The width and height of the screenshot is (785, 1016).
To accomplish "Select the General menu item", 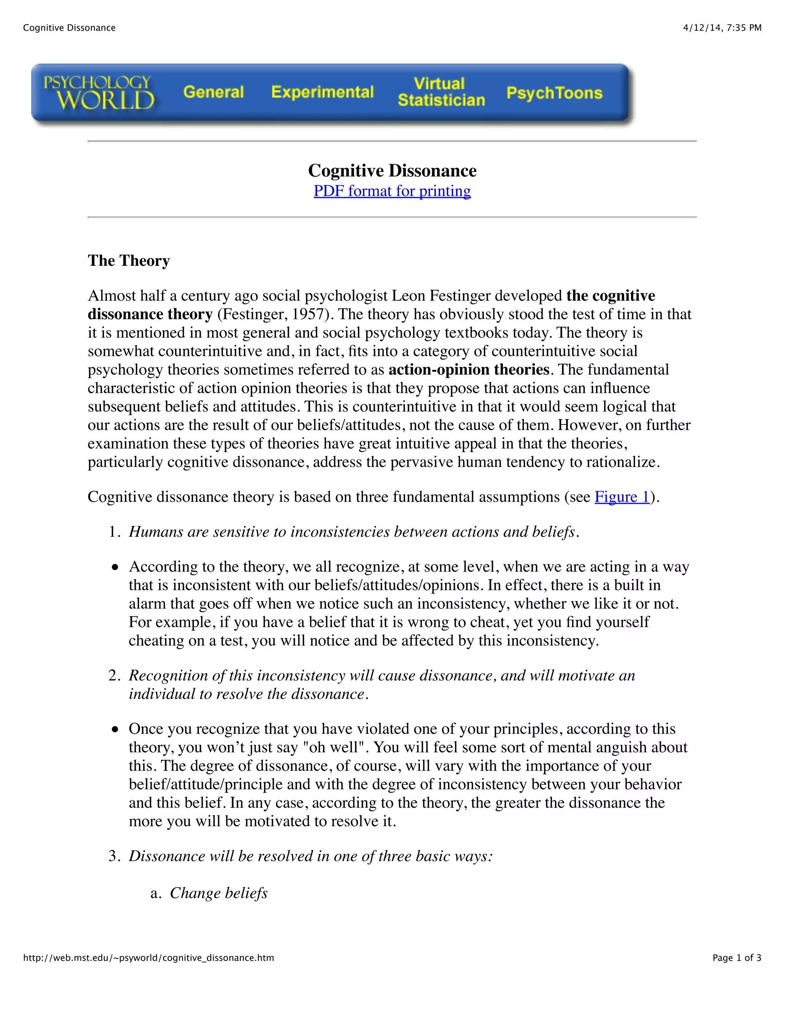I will coord(213,92).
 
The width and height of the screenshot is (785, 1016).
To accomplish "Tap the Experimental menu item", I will coord(322,92).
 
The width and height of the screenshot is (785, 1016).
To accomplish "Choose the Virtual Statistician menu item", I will coord(441,92).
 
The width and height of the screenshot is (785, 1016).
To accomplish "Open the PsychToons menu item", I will coord(554,93).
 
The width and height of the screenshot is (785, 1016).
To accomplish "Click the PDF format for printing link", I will coord(392,191).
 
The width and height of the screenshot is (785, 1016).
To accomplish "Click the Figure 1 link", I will coord(622,497).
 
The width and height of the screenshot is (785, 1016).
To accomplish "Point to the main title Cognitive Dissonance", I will coord(392,171).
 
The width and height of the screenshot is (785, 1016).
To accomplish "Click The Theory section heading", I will coord(129,260).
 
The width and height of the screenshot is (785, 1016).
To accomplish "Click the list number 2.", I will coord(113,676).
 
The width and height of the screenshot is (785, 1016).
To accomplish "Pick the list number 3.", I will coord(113,856).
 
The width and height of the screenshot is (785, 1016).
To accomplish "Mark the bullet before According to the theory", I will coord(115,567).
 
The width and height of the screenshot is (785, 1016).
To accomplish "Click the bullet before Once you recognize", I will coord(115,730).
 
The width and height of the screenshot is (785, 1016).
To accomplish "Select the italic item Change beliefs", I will coord(218,893).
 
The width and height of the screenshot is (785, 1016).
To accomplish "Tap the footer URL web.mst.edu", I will coord(148,958).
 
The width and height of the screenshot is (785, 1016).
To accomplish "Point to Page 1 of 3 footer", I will coord(737,958).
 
